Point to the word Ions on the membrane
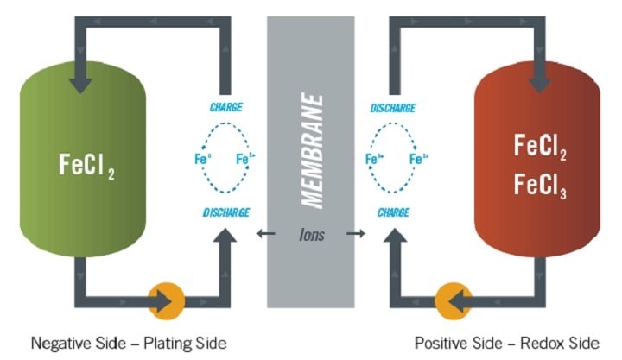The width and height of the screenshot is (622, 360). click(x=312, y=233)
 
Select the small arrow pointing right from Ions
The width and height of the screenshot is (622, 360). click(x=351, y=234)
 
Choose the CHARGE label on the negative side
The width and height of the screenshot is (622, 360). click(x=225, y=108)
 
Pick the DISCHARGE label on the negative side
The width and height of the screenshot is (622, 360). click(x=226, y=212)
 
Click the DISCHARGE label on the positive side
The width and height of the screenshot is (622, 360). click(x=392, y=108)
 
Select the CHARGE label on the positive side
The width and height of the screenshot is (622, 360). click(x=393, y=212)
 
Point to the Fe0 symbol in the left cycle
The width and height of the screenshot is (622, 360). click(x=202, y=159)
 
